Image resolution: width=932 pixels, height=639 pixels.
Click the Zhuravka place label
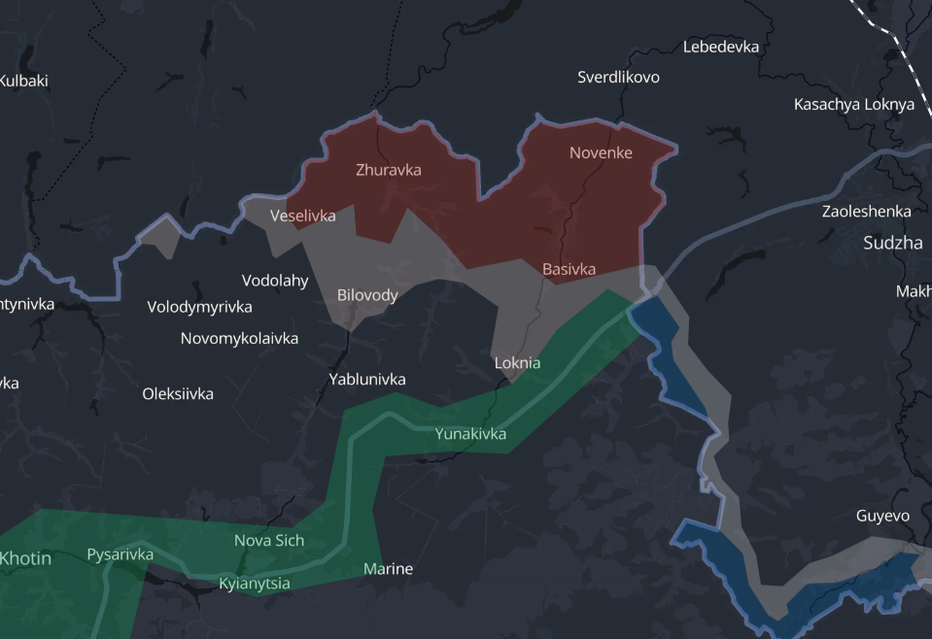tap(389, 170)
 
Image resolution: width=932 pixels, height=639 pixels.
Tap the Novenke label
tap(601, 152)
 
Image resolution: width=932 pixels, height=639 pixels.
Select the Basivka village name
tap(569, 269)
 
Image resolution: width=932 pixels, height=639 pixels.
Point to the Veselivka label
tap(302, 216)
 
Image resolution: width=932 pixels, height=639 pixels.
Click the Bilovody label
tap(367, 295)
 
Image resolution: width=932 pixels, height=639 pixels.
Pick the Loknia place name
tap(517, 363)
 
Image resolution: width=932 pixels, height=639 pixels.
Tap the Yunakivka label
tap(470, 434)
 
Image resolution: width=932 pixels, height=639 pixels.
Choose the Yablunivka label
tap(367, 380)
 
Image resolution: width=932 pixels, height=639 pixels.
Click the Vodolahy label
tap(275, 282)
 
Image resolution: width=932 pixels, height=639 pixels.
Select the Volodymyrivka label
tap(199, 308)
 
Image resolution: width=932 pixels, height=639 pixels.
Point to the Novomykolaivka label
tap(239, 339)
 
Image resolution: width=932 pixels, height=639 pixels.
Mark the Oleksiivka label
tap(178, 394)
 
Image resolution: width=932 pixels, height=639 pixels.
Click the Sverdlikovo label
tap(618, 77)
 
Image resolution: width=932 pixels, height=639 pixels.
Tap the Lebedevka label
tap(721, 47)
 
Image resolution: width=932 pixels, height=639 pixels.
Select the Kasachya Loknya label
tap(854, 105)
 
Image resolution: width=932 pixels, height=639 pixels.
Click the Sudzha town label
tap(893, 244)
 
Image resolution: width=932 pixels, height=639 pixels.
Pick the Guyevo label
tap(883, 517)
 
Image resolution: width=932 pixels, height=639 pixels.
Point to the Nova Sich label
tap(269, 541)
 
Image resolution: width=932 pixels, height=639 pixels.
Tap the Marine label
tap(388, 569)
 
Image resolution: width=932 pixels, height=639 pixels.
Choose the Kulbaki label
tap(23, 82)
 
